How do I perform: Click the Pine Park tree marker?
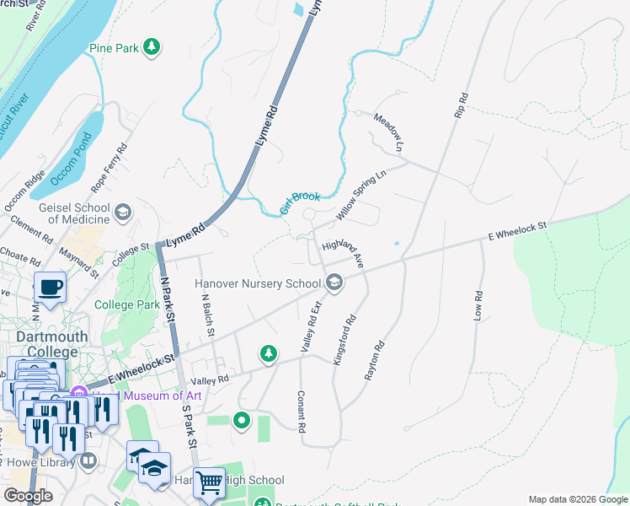click(152, 48)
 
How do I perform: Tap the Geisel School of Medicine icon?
click(124, 211)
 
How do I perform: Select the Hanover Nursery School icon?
click(335, 283)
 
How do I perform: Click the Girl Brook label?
click(301, 203)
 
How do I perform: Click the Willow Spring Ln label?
click(360, 195)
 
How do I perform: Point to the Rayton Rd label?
click(374, 360)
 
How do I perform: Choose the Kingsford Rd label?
click(344, 340)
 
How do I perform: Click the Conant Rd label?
click(300, 411)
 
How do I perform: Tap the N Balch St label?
click(208, 314)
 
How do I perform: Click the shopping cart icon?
click(209, 482)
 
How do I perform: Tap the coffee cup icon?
click(50, 287)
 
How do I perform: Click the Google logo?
click(29, 496)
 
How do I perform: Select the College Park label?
click(127, 304)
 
